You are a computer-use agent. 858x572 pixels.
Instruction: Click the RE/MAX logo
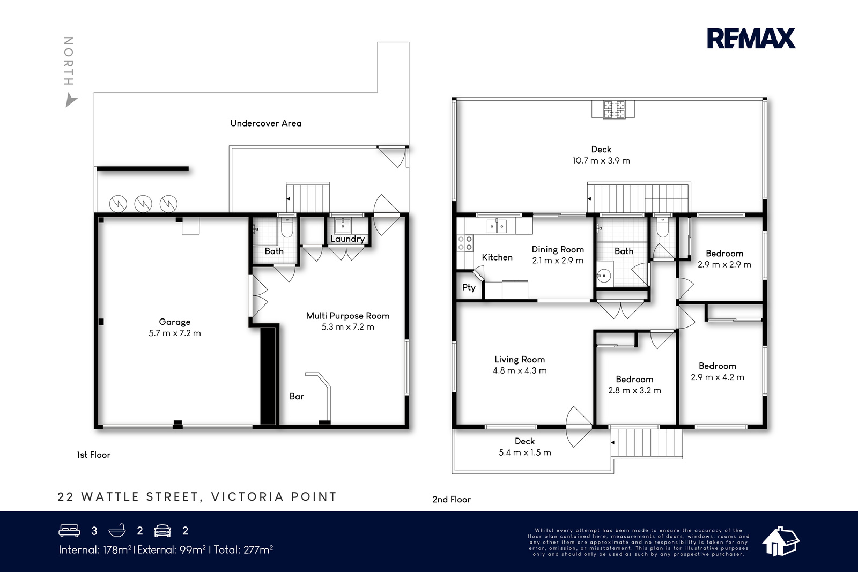[x=751, y=38]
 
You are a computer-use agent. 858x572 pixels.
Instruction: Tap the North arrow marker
[x=70, y=100]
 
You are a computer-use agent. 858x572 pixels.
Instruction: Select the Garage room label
[x=175, y=322]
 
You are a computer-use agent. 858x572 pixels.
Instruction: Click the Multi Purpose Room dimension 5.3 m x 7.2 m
[x=347, y=327]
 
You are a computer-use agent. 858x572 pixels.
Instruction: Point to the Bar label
[x=297, y=396]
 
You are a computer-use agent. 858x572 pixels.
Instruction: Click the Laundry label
[x=347, y=239]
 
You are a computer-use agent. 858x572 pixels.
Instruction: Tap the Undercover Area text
[x=265, y=123]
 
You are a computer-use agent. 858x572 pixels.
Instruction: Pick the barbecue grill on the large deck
[x=614, y=109]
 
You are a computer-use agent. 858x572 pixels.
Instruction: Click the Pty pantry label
[x=469, y=287]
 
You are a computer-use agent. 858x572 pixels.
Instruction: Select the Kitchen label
[x=497, y=257]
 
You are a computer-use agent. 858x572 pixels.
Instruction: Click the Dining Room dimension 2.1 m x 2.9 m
[x=558, y=261]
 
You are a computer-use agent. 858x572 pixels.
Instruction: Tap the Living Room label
[x=520, y=360]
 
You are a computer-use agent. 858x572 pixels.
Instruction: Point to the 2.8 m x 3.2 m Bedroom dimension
[x=635, y=390]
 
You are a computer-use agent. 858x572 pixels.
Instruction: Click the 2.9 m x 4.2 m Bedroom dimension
[x=718, y=377]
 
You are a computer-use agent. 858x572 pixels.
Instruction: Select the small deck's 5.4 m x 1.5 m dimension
[x=525, y=452]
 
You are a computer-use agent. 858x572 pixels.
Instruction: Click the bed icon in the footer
[x=69, y=531]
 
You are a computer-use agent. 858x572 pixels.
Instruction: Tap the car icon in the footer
[x=162, y=531]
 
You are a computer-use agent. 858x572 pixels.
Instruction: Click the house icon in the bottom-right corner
[x=780, y=542]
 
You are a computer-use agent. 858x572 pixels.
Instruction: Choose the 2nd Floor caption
[x=452, y=500]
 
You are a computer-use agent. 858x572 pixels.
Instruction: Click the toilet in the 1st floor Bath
[x=287, y=228]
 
